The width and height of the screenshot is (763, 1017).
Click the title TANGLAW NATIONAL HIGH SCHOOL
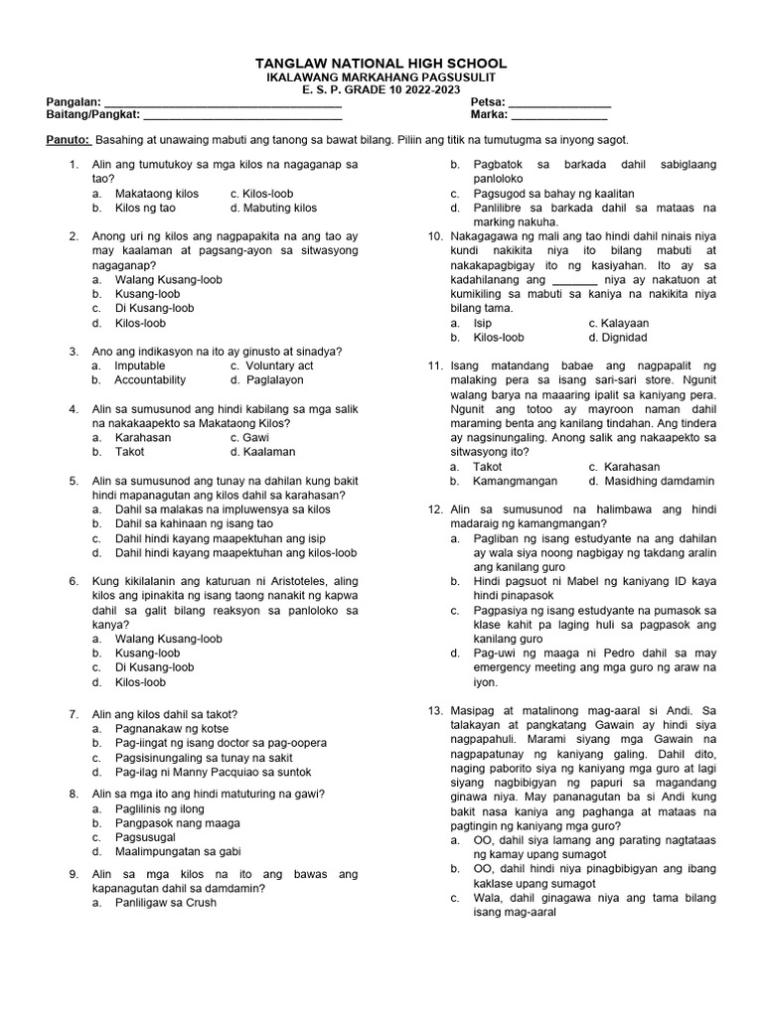pyautogui.click(x=381, y=63)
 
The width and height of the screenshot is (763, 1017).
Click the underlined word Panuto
pyautogui.click(x=69, y=141)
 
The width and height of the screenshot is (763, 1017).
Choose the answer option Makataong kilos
pyautogui.click(x=156, y=194)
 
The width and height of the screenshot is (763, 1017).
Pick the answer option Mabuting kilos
pyautogui.click(x=273, y=209)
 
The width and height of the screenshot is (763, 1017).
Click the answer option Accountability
pyautogui.click(x=150, y=380)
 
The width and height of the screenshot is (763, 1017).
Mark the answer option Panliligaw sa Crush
pyautogui.click(x=166, y=903)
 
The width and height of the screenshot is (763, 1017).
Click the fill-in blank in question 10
pyautogui.click(x=575, y=281)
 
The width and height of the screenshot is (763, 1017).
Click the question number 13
pyautogui.click(x=435, y=711)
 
